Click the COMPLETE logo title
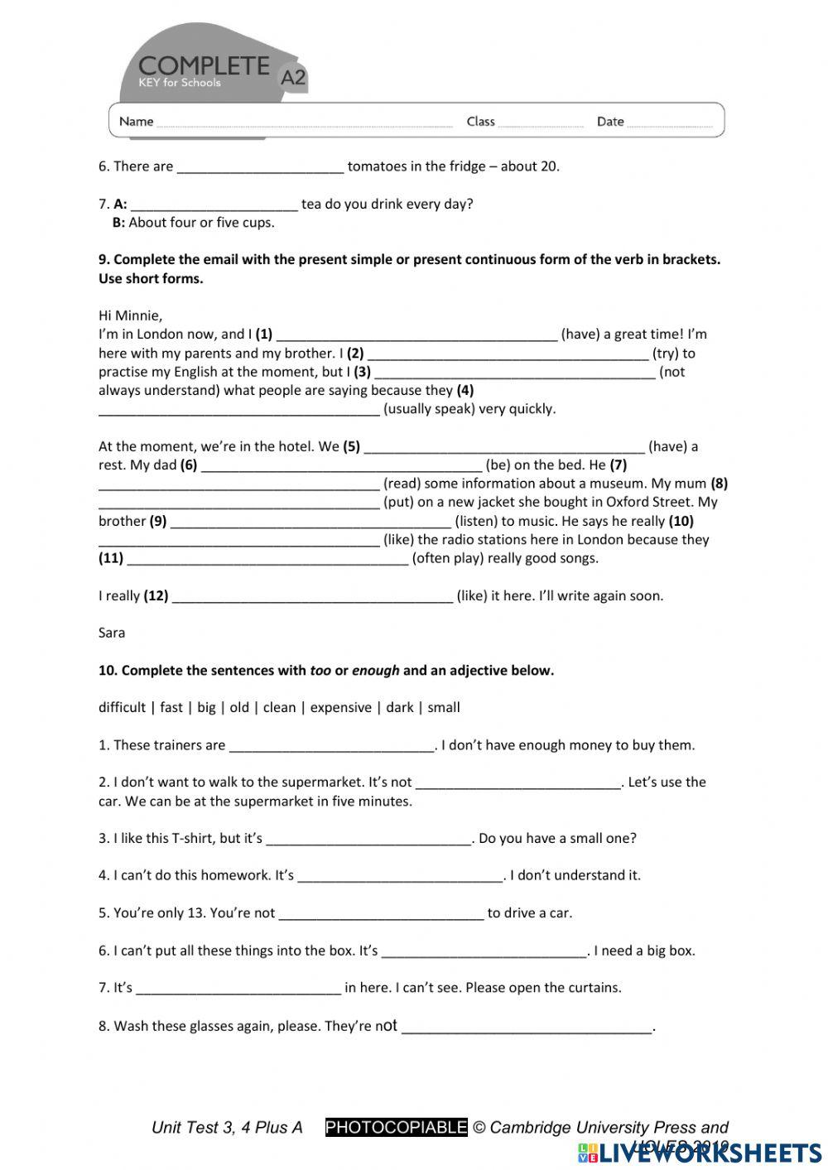coord(204,66)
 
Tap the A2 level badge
coord(293,78)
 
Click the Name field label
coord(136,122)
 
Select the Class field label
coord(480,122)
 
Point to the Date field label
coord(610,122)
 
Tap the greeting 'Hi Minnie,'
coord(130,315)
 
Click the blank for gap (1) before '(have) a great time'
coord(416,335)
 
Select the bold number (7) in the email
coord(619,465)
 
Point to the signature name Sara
coord(112,633)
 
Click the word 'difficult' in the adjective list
coord(122,708)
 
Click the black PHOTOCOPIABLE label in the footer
coord(396,1128)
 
